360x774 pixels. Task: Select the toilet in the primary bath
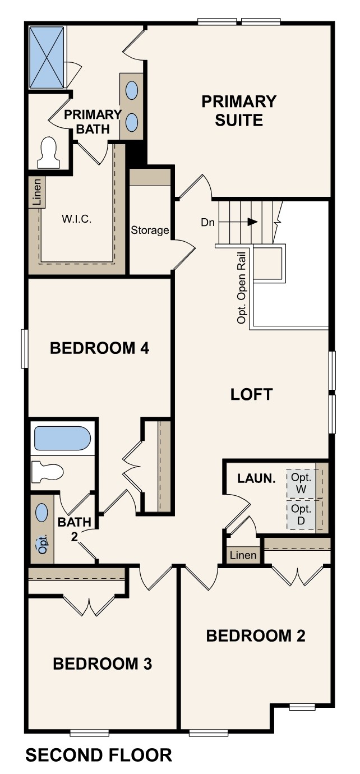point(49,153)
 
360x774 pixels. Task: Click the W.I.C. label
point(76,219)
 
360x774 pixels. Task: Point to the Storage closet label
point(150,230)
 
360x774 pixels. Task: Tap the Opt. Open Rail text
point(242,285)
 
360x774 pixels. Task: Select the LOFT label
point(251,394)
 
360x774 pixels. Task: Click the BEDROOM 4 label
point(99,348)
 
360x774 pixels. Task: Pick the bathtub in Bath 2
point(62,439)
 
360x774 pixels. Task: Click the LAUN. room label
point(256,478)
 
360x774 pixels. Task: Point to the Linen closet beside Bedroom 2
point(243,555)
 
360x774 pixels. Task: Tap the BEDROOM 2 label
point(255,636)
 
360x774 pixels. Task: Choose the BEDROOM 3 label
point(102,664)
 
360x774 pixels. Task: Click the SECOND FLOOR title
point(99,755)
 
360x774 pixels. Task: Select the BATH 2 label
point(73,528)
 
